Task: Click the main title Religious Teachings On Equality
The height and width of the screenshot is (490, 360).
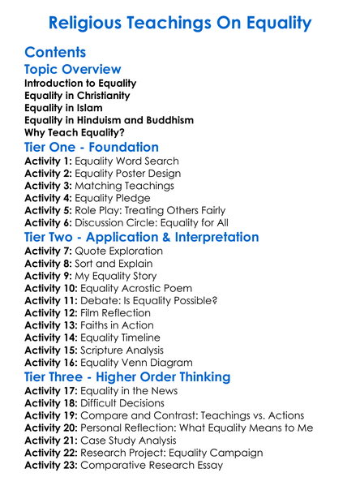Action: click(x=179, y=22)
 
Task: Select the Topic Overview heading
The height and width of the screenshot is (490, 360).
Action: click(x=73, y=70)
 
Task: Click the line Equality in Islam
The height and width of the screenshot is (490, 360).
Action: click(x=66, y=108)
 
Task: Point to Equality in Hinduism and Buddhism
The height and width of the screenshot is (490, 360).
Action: click(x=109, y=120)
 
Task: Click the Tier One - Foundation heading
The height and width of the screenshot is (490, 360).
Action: click(x=92, y=148)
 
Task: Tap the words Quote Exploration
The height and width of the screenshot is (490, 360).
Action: click(x=118, y=251)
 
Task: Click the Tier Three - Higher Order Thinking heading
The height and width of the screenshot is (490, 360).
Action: click(x=127, y=377)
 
